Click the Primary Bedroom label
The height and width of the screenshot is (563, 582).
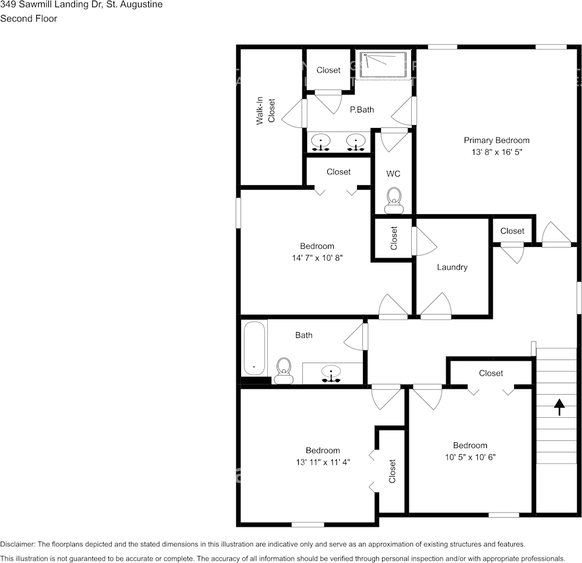click(x=496, y=140)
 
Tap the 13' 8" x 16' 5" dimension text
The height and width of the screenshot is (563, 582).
click(x=496, y=152)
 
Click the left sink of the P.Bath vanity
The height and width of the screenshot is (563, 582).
click(x=321, y=142)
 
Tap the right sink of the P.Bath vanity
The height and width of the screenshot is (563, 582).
click(x=356, y=142)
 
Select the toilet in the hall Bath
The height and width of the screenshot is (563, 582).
click(x=284, y=370)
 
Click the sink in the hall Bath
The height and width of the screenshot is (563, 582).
click(x=331, y=373)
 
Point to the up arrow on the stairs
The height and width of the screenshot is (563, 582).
click(x=559, y=407)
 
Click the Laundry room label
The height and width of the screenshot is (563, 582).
click(x=452, y=267)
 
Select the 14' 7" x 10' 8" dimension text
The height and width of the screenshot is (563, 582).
click(x=317, y=258)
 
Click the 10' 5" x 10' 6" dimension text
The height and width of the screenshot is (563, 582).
click(x=470, y=457)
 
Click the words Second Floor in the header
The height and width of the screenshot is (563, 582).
click(x=29, y=18)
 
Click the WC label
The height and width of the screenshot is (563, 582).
click(x=393, y=174)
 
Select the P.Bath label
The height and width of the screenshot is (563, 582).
click(x=361, y=110)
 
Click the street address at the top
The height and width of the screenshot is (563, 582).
click(x=81, y=5)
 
